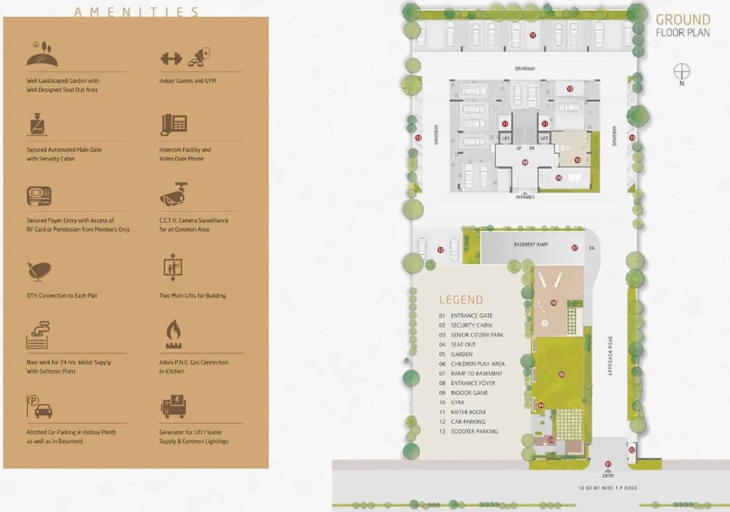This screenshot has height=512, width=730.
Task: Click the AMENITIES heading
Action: tap(136, 12)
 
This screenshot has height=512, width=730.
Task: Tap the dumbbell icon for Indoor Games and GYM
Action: tap(172, 58)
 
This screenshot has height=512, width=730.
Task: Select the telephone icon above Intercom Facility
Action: tap(173, 125)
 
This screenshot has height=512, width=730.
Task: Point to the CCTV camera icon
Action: tap(173, 194)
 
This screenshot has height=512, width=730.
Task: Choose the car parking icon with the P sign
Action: tap(39, 406)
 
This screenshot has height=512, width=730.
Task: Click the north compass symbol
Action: tap(681, 71)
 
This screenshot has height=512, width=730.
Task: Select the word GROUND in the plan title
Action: tap(683, 19)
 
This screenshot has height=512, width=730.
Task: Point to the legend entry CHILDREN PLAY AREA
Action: tap(478, 363)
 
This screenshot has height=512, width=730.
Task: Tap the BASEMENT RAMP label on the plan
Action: tap(530, 245)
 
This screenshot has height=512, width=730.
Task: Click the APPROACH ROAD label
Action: tap(611, 355)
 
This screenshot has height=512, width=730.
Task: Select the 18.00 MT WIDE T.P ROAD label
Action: tap(607, 488)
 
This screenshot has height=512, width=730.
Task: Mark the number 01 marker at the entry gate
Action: tap(608, 464)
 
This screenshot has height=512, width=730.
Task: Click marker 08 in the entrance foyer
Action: tap(525, 162)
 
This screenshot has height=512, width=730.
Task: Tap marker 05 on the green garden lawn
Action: tap(561, 374)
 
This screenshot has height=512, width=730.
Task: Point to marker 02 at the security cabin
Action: tap(632, 449)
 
